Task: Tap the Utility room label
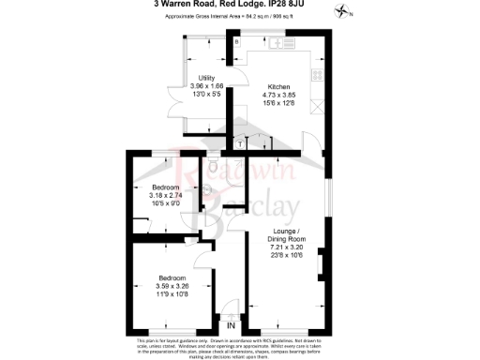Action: pos(207,78)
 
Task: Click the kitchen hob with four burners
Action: pos(317,74)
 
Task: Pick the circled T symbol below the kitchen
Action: pos(242,142)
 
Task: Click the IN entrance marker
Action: pos(232,325)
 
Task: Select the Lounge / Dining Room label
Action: pos(287,235)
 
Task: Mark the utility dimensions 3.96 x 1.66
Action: pos(206,85)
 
